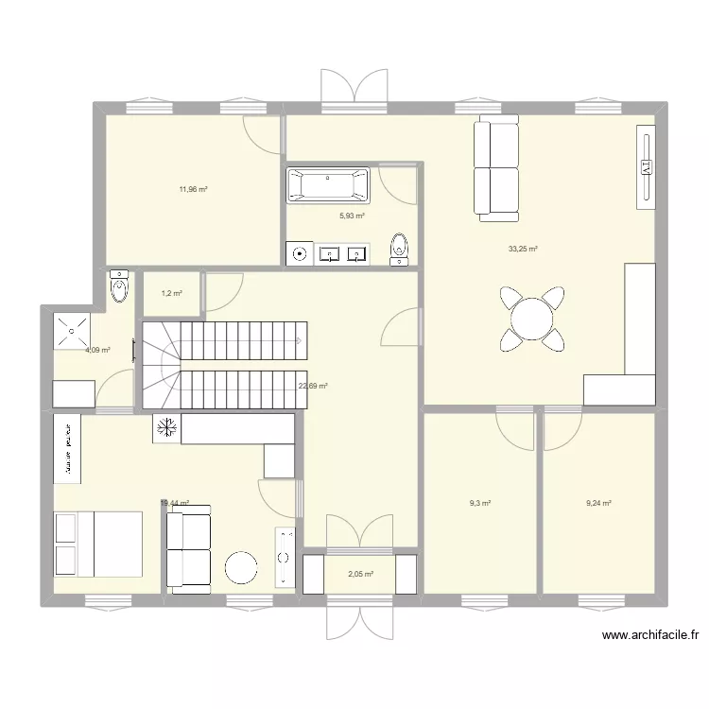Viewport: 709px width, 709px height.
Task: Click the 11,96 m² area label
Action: [x=193, y=189]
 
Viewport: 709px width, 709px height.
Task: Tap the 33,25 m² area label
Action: [x=523, y=250]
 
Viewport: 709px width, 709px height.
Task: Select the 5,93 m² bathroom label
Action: [x=353, y=216]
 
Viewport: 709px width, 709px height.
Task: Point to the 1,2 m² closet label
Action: [x=171, y=293]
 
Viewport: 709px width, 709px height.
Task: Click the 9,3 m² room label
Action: [x=480, y=503]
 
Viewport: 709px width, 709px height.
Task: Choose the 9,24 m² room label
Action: [x=598, y=503]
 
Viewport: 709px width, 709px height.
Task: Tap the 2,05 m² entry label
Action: [x=360, y=574]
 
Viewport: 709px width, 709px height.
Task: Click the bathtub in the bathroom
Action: [x=328, y=185]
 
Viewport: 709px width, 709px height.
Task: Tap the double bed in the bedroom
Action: [x=97, y=544]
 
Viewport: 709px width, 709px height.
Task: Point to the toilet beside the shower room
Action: [x=119, y=285]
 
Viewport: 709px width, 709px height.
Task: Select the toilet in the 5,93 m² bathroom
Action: [x=401, y=246]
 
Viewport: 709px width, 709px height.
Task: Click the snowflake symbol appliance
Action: [x=166, y=428]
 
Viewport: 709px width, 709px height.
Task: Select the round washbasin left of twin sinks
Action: [x=301, y=253]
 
